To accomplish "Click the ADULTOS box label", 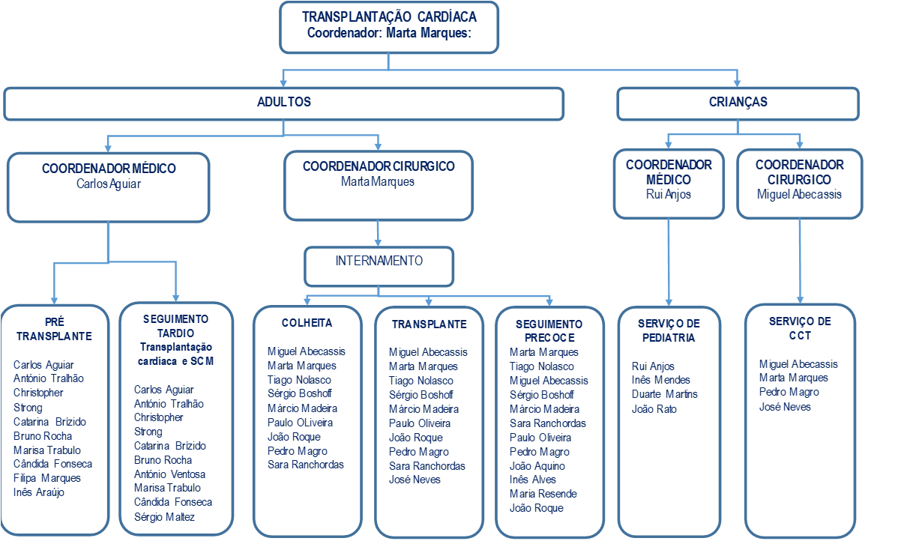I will click(x=283, y=102).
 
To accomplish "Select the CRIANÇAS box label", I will click(x=738, y=102).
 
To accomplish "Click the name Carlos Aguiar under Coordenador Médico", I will click(x=108, y=184).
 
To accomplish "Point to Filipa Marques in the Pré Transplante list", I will click(x=46, y=478).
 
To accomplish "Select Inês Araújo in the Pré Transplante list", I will click(x=39, y=492).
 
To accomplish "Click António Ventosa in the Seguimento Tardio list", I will click(x=169, y=474).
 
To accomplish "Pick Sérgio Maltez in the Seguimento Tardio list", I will click(x=164, y=517).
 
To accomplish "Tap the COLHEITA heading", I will click(x=307, y=323).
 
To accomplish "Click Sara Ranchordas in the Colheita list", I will click(x=305, y=465).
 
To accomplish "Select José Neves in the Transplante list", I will click(x=415, y=480).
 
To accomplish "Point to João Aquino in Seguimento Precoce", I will click(x=537, y=466).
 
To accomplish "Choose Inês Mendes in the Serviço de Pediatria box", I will click(x=661, y=380).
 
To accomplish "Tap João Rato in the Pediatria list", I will click(x=654, y=409).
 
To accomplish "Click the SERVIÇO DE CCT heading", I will click(x=800, y=328).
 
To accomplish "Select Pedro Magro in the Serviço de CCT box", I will click(x=789, y=392).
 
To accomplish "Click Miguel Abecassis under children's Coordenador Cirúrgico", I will click(x=799, y=194).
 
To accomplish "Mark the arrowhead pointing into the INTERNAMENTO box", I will click(x=379, y=243).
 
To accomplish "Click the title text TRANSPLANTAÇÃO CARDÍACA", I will click(x=388, y=16).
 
